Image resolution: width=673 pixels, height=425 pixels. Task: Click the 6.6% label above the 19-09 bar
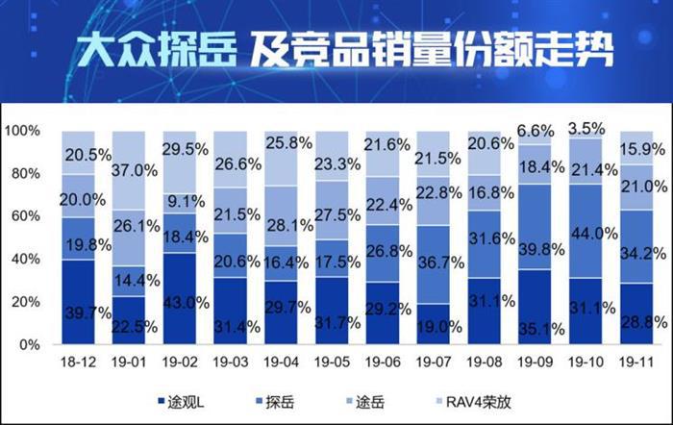pos(536,131)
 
